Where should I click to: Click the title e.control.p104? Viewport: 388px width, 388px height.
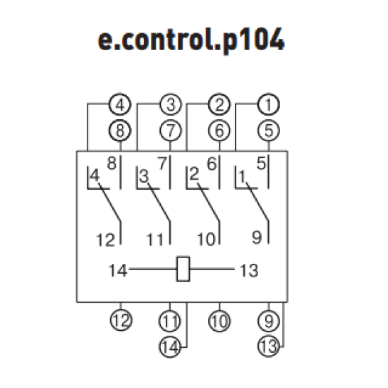[x=191, y=41]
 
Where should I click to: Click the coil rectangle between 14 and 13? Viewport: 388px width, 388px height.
[x=183, y=269]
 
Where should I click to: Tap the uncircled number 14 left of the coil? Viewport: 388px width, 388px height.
[x=118, y=270]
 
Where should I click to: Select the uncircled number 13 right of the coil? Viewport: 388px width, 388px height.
[x=249, y=270]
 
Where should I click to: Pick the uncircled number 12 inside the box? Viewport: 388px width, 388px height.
[x=106, y=240]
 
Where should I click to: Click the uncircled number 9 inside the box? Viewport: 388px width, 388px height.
[x=257, y=237]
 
